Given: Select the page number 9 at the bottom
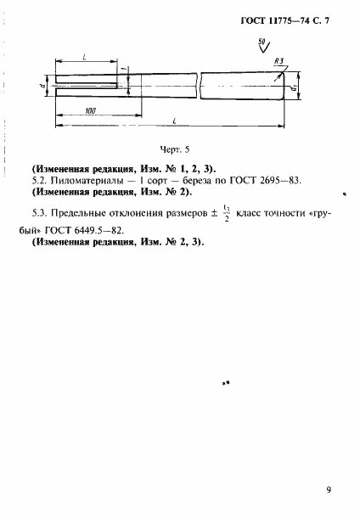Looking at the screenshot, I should [328, 489].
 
